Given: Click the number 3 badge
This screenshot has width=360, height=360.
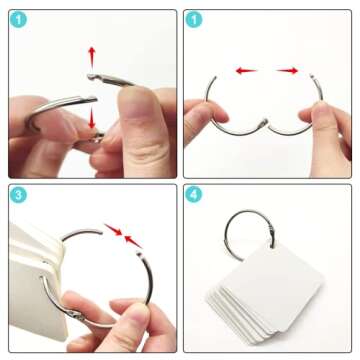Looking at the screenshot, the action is click(x=18, y=195).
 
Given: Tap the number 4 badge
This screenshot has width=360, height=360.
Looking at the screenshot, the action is click(x=194, y=195).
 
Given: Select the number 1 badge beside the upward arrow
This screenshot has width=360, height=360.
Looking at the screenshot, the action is click(x=18, y=20).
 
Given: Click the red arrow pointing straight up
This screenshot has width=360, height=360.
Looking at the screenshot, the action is click(x=92, y=56).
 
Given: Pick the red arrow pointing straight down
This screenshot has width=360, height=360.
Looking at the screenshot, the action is click(x=92, y=118).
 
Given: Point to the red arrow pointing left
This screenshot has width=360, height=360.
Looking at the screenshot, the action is click(x=246, y=70).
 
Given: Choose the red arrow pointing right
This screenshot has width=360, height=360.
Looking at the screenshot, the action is click(x=287, y=70).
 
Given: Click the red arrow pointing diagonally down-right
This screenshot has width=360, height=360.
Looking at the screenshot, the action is click(x=113, y=229).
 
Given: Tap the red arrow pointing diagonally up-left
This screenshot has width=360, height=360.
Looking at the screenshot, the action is click(x=134, y=242).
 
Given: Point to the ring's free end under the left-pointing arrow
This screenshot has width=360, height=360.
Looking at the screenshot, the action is click(x=213, y=79).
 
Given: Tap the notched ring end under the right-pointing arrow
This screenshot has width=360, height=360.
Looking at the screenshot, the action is click(x=312, y=77).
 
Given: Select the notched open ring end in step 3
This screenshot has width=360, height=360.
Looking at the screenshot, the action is click(x=139, y=255).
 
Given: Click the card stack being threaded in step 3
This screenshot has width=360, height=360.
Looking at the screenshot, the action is click(x=35, y=280).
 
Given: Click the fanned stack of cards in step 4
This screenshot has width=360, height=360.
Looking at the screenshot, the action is click(x=265, y=289).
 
